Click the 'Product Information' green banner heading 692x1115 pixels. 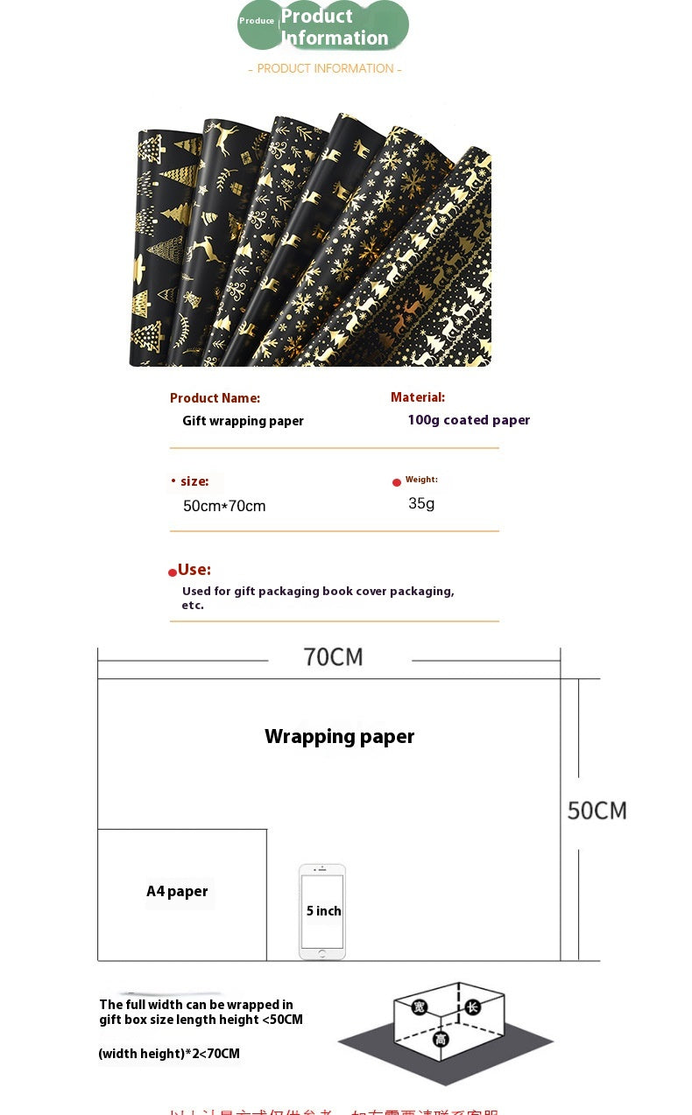tap(334, 27)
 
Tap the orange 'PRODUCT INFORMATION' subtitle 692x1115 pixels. tap(325, 68)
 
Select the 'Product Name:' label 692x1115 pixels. tap(215, 398)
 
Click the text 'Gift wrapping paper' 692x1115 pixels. tap(243, 421)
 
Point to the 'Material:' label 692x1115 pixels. tap(418, 397)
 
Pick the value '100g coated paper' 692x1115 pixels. tap(469, 420)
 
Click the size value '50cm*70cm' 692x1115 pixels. tap(224, 506)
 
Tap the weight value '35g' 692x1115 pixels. tap(421, 503)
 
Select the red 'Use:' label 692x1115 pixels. tap(194, 570)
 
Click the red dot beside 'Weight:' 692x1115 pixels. tap(397, 482)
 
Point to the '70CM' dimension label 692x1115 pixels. tap(333, 656)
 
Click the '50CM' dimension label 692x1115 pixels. tap(597, 810)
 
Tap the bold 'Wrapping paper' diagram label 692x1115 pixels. tap(339, 736)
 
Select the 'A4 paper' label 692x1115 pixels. tap(177, 891)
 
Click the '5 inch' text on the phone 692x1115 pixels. tap(323, 911)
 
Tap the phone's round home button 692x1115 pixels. tap(322, 953)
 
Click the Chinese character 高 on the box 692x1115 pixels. tap(441, 1039)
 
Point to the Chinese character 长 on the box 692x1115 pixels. tap(472, 1006)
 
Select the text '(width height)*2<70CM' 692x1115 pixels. tap(169, 1054)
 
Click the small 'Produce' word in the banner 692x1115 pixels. tap(257, 21)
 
